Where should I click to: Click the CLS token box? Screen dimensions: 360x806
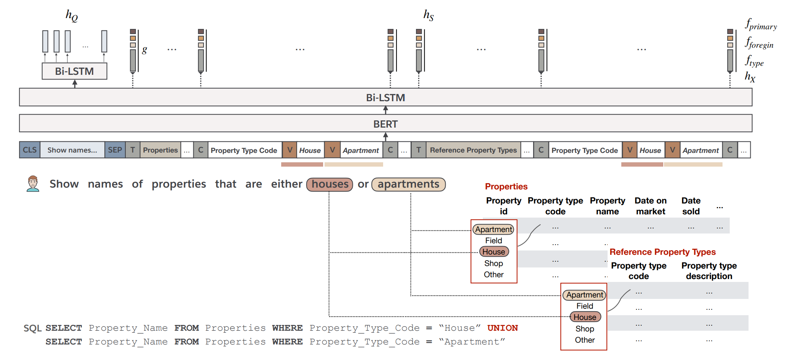click(x=30, y=150)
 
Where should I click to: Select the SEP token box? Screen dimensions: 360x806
click(x=115, y=150)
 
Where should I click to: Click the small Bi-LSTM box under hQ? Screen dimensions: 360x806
click(x=74, y=71)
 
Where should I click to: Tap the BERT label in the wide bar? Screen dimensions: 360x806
click(x=385, y=124)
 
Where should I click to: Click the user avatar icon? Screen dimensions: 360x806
click(x=33, y=184)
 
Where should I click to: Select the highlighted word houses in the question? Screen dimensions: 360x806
click(x=330, y=184)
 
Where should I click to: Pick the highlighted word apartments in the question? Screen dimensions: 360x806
click(x=408, y=184)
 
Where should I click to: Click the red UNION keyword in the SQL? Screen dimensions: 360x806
click(x=502, y=328)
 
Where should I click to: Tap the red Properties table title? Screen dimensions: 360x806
click(x=506, y=187)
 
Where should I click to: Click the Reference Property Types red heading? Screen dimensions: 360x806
click(x=662, y=252)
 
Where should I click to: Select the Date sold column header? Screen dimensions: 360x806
click(x=691, y=206)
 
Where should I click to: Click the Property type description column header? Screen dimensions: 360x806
click(x=709, y=271)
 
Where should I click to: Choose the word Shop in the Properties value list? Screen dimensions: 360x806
click(x=493, y=263)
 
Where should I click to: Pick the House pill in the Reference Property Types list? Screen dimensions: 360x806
click(x=585, y=317)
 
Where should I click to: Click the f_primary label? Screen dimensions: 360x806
click(x=760, y=25)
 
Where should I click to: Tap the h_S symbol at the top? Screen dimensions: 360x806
click(x=428, y=15)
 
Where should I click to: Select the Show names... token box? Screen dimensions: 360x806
click(x=72, y=150)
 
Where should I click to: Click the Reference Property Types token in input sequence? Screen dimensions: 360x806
click(x=473, y=150)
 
